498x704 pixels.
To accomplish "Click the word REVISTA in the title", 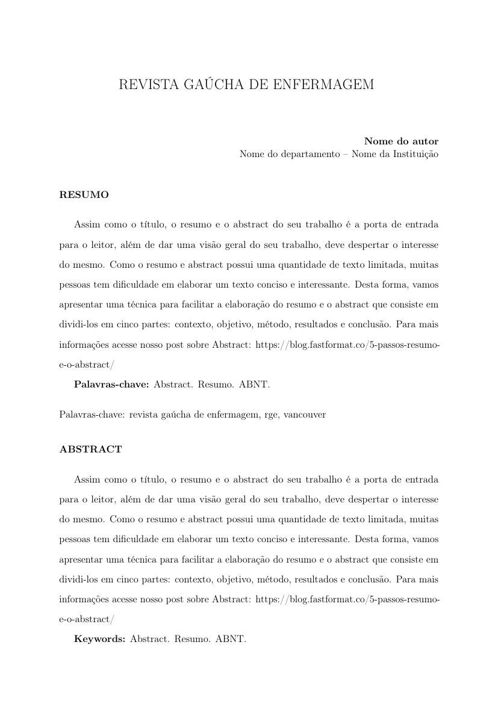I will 142,85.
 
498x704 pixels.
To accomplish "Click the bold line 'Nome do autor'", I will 401,141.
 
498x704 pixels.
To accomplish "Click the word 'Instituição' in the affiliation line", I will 416,154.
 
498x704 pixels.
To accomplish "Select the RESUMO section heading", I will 84,195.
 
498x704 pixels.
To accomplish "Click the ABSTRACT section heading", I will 90,449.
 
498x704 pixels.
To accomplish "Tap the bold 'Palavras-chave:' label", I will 111,384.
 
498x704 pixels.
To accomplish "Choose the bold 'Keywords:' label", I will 99,638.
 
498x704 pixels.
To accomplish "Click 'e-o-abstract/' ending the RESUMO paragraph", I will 86,364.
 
